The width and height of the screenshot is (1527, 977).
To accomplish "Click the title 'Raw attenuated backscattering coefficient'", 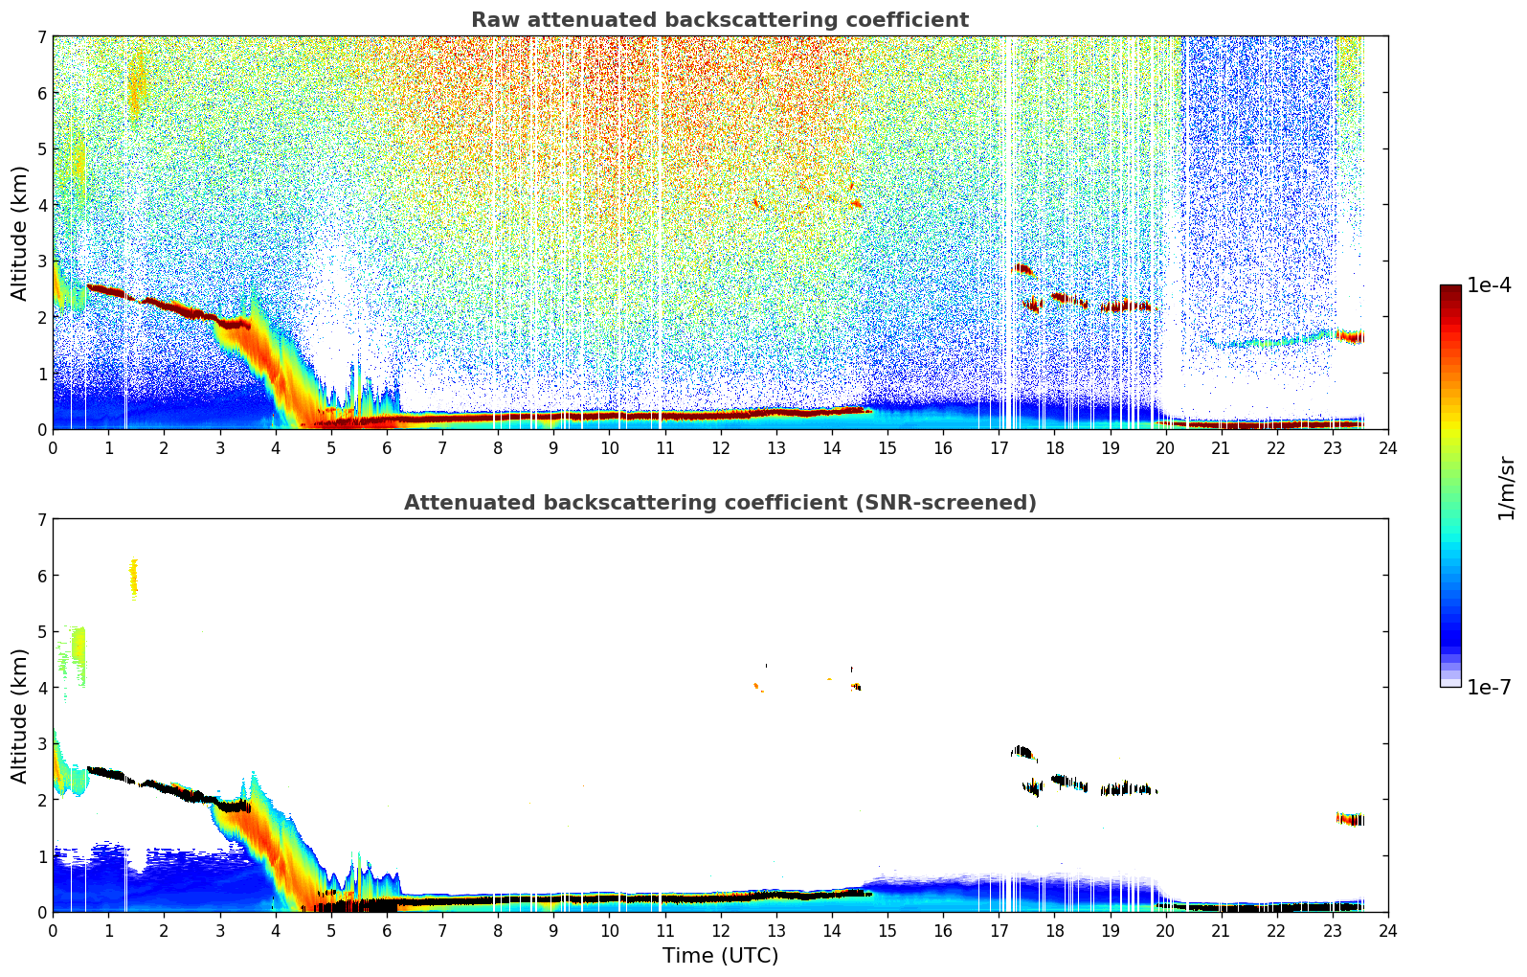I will tap(719, 20).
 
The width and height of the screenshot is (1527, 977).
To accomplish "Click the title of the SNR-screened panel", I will tap(719, 503).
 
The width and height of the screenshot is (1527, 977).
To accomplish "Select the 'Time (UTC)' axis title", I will tap(720, 956).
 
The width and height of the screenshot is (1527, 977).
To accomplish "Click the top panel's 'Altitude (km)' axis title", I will tap(20, 233).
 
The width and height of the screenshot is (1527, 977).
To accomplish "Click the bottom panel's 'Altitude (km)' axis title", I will tap(20, 716).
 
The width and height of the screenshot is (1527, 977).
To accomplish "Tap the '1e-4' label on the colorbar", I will tap(1489, 285).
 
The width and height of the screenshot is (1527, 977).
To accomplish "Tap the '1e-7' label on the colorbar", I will tap(1489, 687).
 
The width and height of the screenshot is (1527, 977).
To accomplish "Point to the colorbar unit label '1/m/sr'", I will tap(1506, 488).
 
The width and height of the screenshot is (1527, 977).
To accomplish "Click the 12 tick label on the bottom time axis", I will tap(720, 930).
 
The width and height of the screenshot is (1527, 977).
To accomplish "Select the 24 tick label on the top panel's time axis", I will tap(1387, 447).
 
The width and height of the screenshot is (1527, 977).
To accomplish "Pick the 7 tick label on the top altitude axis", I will tap(41, 37).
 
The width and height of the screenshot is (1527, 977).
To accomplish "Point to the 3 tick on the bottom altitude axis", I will tap(41, 744).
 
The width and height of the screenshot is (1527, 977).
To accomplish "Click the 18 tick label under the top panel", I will tap(1054, 447).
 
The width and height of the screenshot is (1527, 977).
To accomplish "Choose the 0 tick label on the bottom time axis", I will tap(53, 930).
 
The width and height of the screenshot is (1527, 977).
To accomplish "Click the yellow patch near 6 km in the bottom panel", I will tap(134, 578).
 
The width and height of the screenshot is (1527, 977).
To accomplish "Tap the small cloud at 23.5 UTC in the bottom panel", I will tap(1351, 819).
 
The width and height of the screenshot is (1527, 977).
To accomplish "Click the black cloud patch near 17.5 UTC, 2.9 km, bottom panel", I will tap(1022, 752).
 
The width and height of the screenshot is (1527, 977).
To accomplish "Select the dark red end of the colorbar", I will tap(1449, 290).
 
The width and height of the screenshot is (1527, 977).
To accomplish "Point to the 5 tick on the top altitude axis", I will tap(41, 149).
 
